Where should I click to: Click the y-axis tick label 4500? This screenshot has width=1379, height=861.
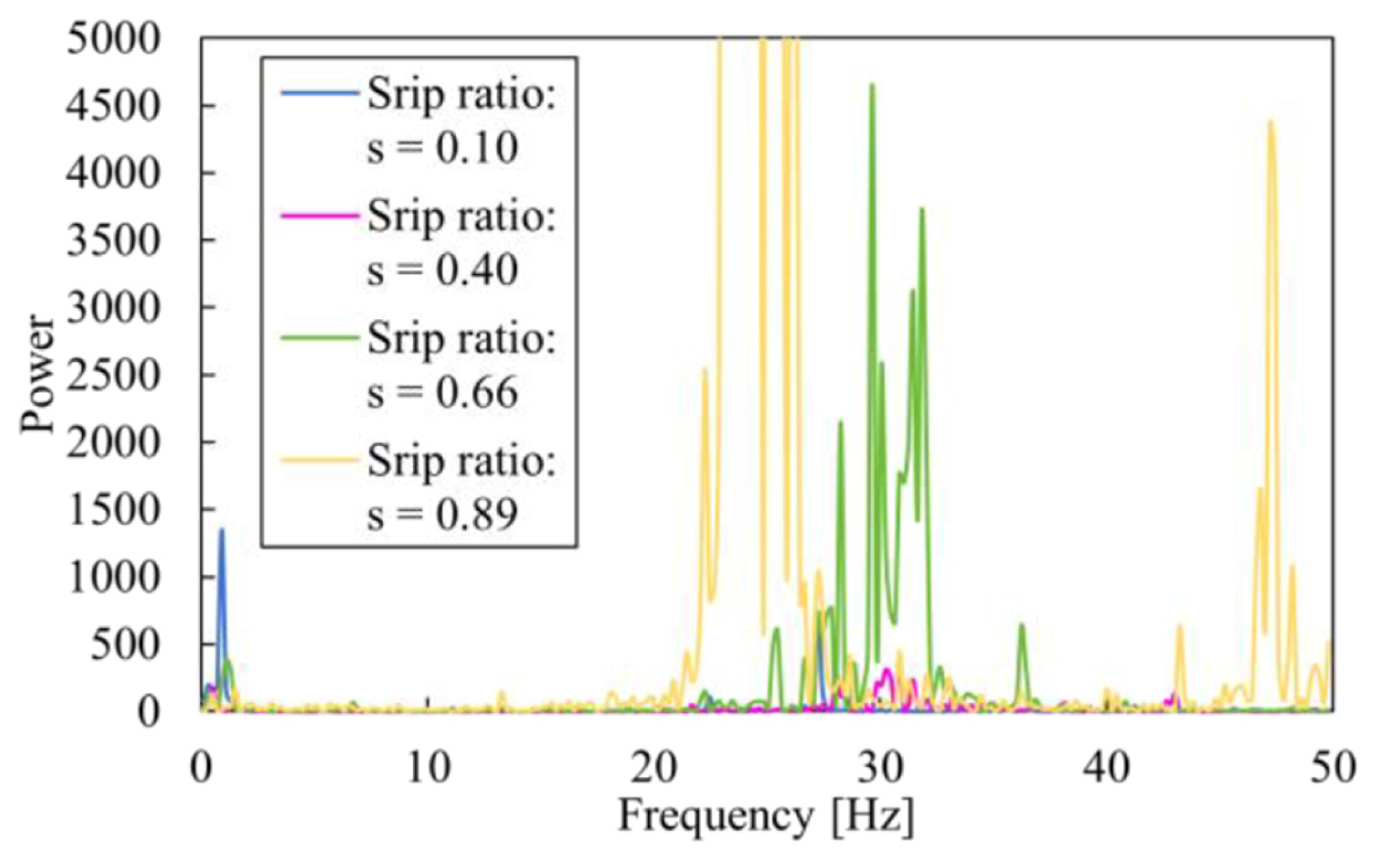(113, 106)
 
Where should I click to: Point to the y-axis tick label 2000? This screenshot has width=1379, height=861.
(113, 442)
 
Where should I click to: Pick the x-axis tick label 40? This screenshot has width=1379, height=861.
(1106, 768)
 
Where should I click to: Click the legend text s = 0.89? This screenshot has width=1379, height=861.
(443, 514)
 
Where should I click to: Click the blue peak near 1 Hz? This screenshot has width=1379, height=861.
(221, 530)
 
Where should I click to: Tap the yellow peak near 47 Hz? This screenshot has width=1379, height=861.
(1270, 122)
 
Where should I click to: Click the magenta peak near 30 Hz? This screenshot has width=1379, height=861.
(886, 670)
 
